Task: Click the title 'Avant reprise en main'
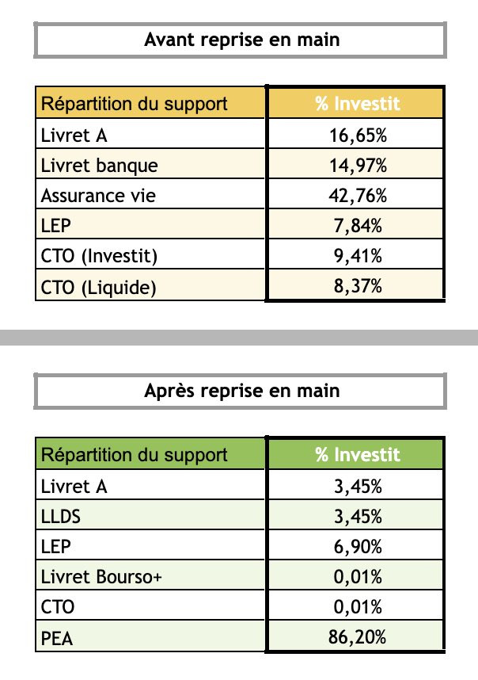(241, 40)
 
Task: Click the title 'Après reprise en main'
(241, 390)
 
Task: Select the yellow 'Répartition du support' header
(135, 104)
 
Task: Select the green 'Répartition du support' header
(135, 455)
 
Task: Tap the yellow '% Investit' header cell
(358, 104)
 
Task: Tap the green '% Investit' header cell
(358, 455)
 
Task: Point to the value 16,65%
(358, 136)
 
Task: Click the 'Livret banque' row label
(100, 166)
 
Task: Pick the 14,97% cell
(358, 166)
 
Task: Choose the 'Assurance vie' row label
(99, 196)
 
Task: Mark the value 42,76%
(358, 196)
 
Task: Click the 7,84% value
(358, 226)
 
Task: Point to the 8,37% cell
(358, 286)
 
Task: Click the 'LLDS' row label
(61, 517)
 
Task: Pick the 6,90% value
(358, 547)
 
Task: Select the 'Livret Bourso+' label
(101, 577)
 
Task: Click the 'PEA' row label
(57, 638)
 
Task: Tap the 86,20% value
(358, 638)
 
